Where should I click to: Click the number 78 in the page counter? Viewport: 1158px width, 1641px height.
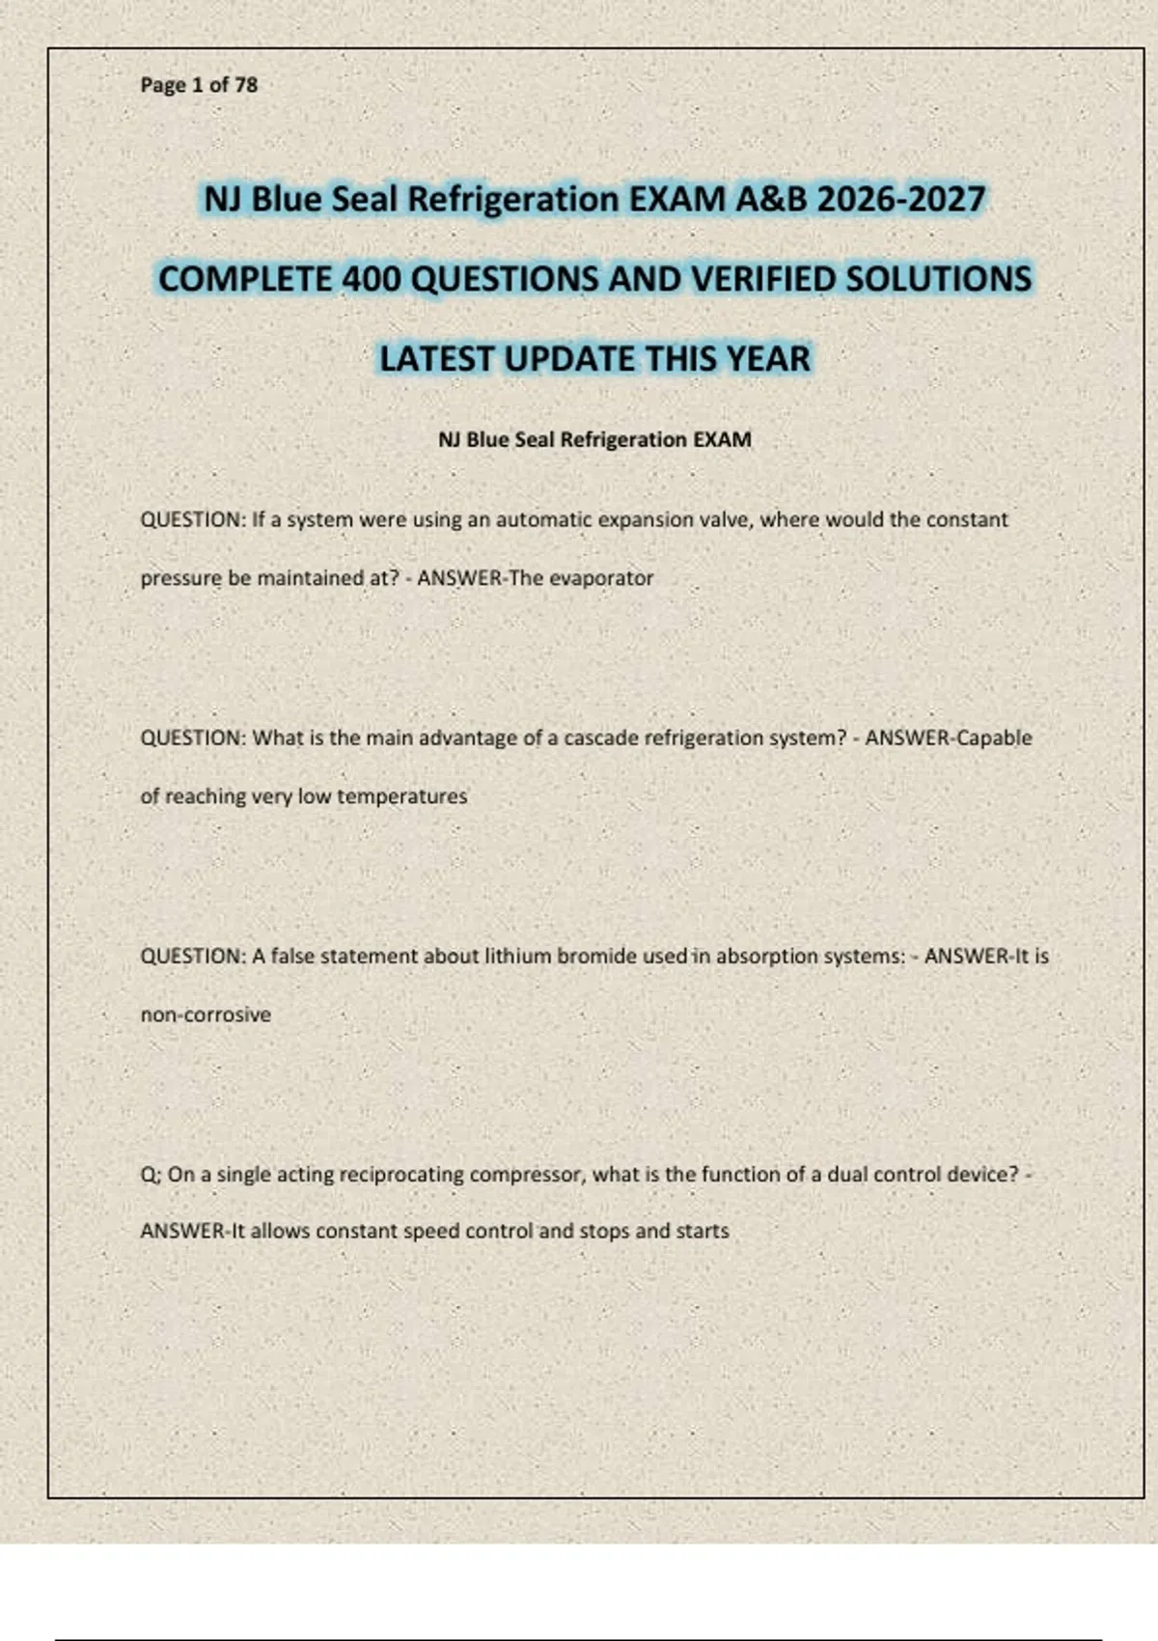pos(245,85)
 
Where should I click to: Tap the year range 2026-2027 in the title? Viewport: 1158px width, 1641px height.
pos(900,200)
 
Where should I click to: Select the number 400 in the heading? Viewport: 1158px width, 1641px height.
pos(372,279)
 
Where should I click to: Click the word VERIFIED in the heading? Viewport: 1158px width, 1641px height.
pos(763,279)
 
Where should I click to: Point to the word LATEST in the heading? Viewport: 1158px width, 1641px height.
pos(436,359)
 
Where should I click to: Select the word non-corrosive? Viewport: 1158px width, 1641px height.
pos(206,1015)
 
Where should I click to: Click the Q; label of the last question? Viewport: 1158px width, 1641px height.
pos(151,1175)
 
